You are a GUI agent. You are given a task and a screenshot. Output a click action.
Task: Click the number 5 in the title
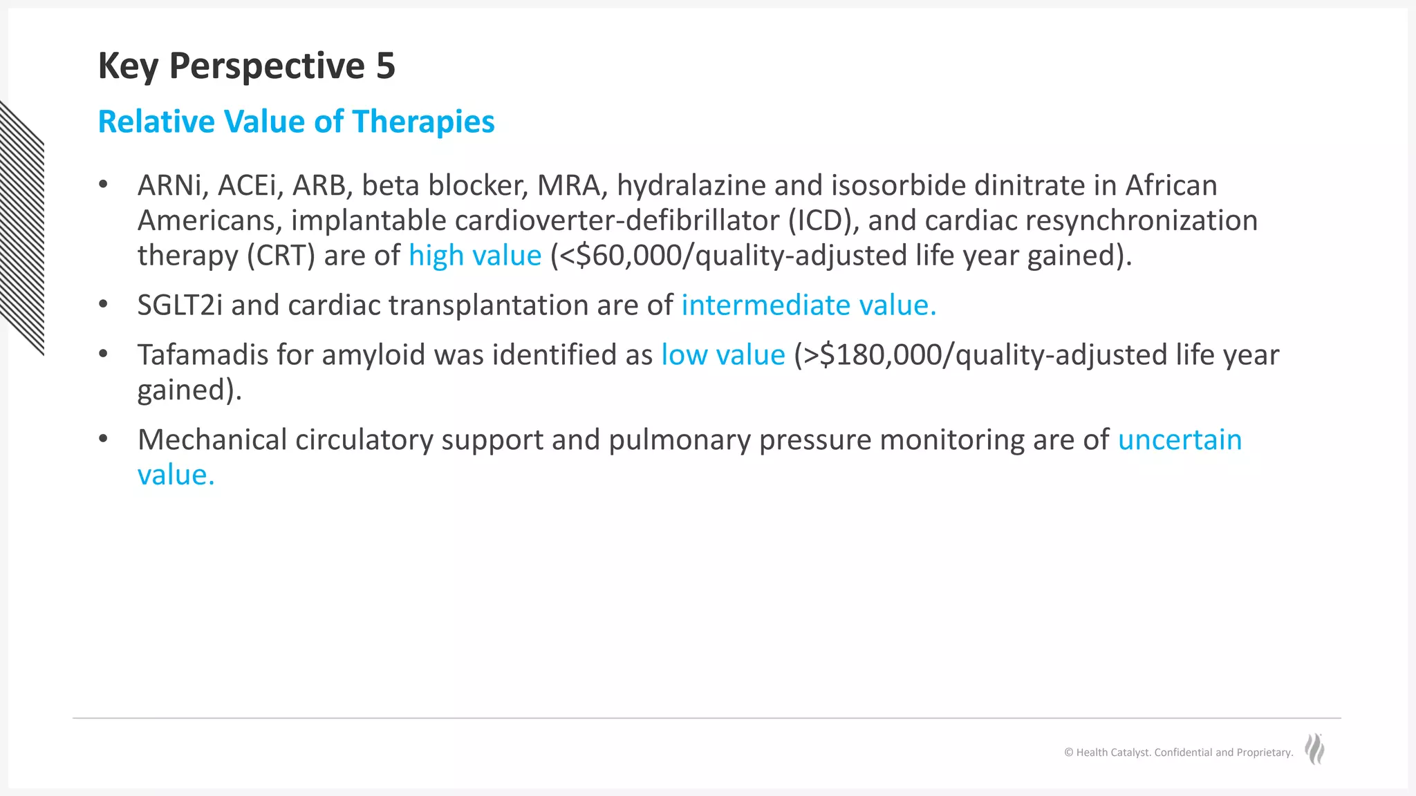[x=385, y=66]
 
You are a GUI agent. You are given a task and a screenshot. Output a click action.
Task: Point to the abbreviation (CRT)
[x=281, y=256]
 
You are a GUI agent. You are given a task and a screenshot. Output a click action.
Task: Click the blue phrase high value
[x=475, y=256]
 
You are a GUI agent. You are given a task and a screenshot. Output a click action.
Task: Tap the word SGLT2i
[x=180, y=305]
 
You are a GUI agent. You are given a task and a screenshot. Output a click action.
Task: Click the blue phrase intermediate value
[x=808, y=305]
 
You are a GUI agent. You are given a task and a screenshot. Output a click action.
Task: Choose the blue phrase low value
[x=723, y=355]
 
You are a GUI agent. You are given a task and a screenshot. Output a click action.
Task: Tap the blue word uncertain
[x=1180, y=440]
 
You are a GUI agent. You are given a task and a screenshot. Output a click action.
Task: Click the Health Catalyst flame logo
[x=1314, y=749]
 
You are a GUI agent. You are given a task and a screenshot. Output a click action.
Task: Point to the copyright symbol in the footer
[x=1068, y=752]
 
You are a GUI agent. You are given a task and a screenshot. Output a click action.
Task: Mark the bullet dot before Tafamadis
[x=104, y=354]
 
